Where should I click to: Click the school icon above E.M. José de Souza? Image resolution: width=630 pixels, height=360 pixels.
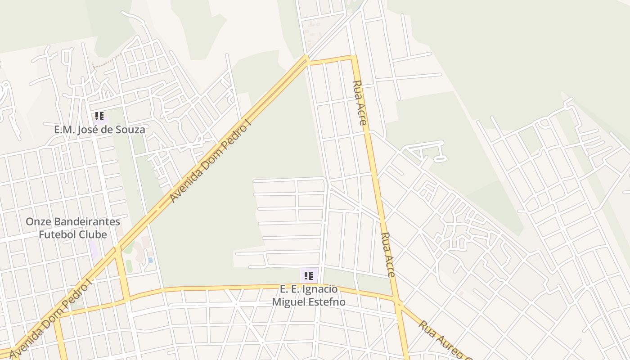(x=100, y=117)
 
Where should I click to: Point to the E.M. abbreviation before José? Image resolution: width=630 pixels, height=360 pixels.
(x=64, y=130)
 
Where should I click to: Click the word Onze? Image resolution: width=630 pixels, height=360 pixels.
(x=38, y=222)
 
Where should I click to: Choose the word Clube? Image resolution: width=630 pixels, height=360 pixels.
(x=93, y=234)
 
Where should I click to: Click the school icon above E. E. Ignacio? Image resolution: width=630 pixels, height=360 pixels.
(x=308, y=275)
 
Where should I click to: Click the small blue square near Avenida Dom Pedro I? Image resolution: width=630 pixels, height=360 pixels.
(x=150, y=260)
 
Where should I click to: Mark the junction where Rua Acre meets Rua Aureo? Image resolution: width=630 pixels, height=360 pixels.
(x=398, y=302)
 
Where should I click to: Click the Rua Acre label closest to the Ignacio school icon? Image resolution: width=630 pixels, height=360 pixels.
(x=387, y=254)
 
